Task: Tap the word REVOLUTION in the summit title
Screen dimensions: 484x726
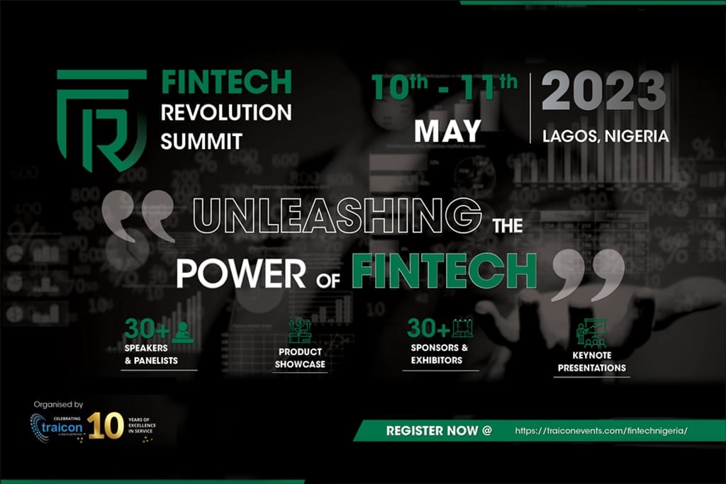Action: pos(226,111)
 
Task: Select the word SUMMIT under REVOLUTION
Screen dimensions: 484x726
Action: pos(201,140)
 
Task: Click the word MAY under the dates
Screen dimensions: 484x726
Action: pos(447,131)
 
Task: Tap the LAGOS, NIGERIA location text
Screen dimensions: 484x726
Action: pos(605,136)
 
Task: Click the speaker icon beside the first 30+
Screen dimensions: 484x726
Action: pos(182,331)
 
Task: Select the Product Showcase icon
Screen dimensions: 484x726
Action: pos(300,331)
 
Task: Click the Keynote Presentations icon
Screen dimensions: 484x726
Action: pos(591,333)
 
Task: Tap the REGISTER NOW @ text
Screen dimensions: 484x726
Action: pos(439,430)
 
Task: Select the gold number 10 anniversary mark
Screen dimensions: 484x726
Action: pos(106,425)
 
